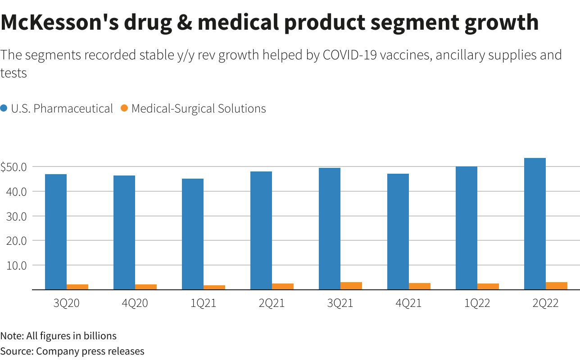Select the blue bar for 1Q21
[x=193, y=234]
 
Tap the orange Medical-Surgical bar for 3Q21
[x=351, y=286]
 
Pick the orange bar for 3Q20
[x=77, y=287]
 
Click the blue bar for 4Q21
[x=398, y=231]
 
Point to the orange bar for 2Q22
[x=557, y=286]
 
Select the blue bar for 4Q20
[x=124, y=232]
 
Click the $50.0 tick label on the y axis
[x=14, y=167]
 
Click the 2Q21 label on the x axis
[x=272, y=303]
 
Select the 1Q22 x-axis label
[x=477, y=303]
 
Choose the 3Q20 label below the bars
[x=67, y=303]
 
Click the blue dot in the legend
[x=4, y=108]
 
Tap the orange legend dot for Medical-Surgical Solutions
[x=125, y=108]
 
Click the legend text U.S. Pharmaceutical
[x=62, y=108]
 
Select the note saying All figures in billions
[x=59, y=336]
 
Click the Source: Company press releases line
[x=72, y=351]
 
